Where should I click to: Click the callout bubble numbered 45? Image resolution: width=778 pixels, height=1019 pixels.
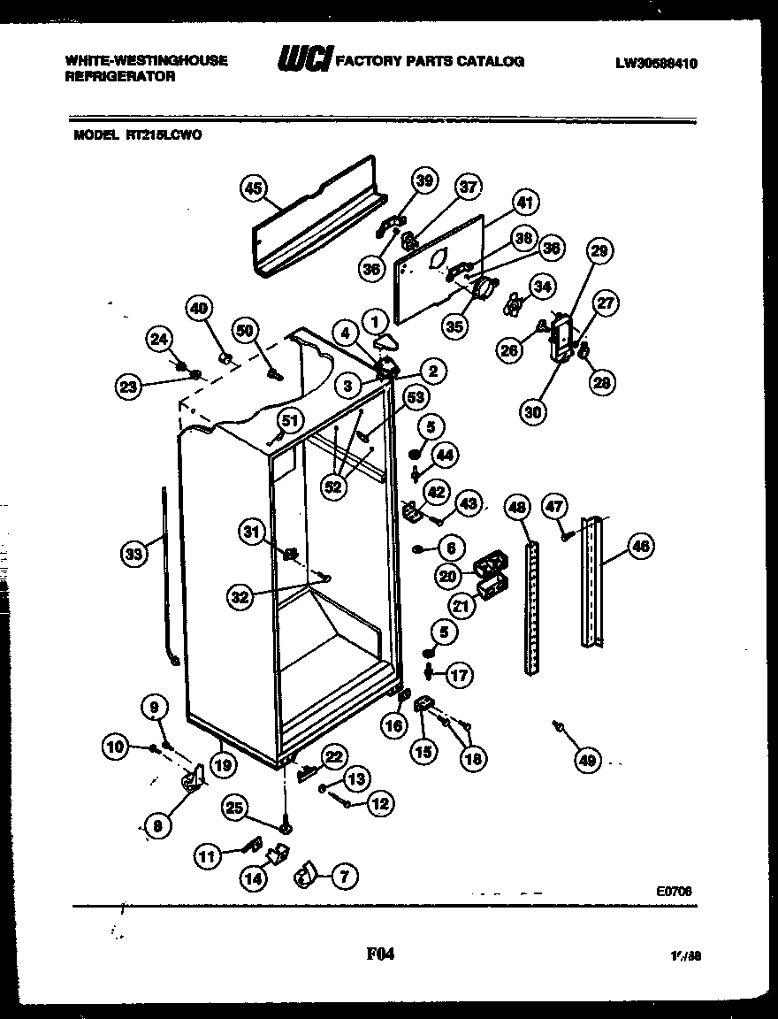(253, 188)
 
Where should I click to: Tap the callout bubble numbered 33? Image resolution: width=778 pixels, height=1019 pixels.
(133, 555)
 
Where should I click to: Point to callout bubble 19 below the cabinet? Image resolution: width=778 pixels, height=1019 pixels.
(222, 764)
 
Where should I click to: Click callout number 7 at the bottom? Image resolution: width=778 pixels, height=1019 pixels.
(344, 877)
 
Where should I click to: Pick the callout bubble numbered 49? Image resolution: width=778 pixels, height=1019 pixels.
(586, 759)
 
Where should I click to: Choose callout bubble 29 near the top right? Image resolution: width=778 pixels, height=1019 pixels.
(599, 252)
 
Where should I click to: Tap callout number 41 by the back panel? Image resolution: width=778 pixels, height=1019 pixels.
(524, 203)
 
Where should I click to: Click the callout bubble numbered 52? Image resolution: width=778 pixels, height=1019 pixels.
(333, 488)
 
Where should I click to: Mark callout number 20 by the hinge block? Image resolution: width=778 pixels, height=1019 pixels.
(447, 577)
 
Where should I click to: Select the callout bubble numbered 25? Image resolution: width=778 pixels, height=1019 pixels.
(233, 807)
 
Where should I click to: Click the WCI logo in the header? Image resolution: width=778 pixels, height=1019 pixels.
(303, 60)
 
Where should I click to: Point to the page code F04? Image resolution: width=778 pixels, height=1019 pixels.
(379, 954)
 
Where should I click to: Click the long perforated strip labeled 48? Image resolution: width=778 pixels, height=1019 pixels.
(531, 610)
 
